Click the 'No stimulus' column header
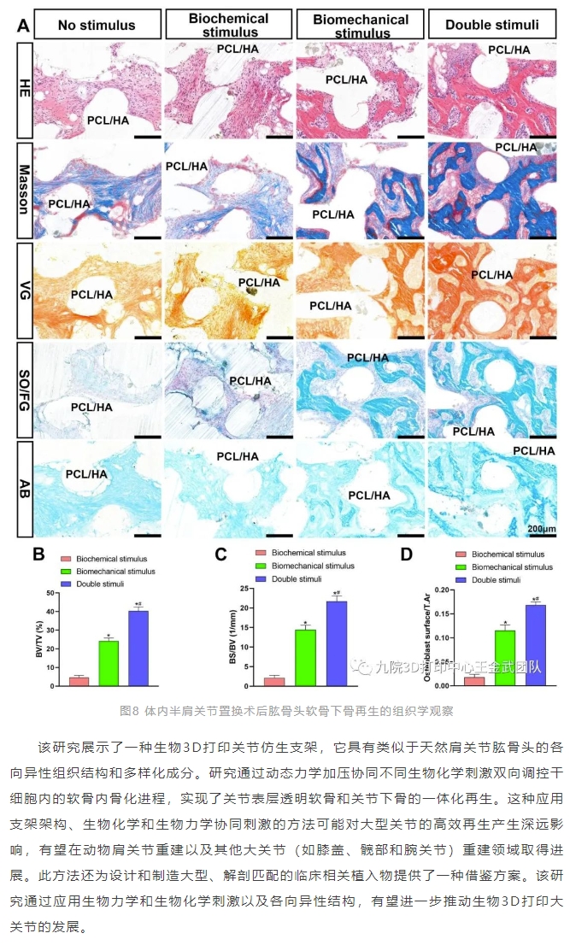click(x=97, y=26)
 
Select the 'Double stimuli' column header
click(x=492, y=26)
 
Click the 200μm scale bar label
click(x=541, y=530)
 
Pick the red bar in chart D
click(x=474, y=680)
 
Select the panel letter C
click(x=220, y=555)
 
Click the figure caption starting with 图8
click(x=285, y=709)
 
